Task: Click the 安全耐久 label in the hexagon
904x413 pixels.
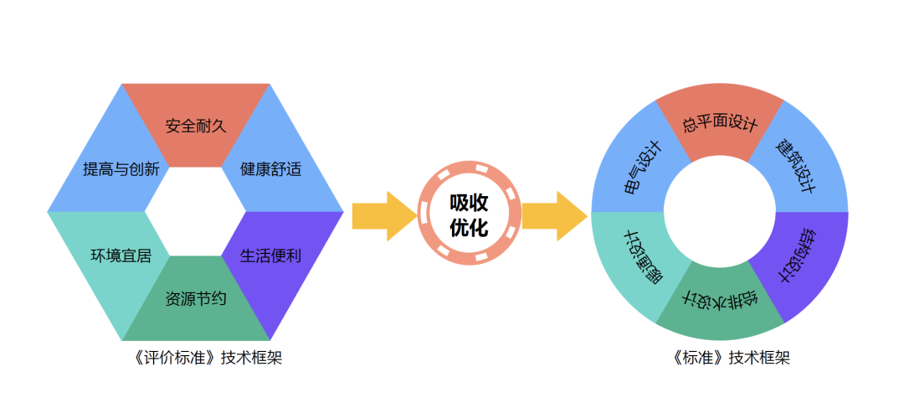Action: (196, 126)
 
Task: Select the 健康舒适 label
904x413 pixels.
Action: (270, 169)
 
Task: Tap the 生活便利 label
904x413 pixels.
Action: (270, 256)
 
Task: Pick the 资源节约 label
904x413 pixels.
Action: (196, 298)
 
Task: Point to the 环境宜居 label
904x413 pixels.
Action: (121, 256)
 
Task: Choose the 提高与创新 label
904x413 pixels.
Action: (121, 169)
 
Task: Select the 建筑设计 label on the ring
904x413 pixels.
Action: (795, 167)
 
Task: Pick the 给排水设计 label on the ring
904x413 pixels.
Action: (721, 299)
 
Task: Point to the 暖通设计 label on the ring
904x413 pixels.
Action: (643, 256)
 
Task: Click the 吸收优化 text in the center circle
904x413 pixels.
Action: (469, 215)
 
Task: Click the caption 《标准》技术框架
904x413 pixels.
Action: (720, 358)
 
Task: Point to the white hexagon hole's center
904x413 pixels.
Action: (196, 212)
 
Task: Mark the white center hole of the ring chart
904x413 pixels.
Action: (720, 212)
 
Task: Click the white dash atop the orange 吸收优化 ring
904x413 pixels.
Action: (469, 172)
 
